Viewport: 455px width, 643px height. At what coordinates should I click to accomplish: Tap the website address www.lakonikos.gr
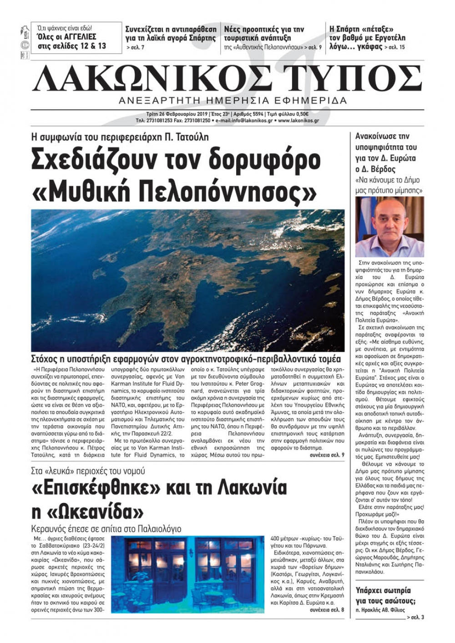tap(298, 121)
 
